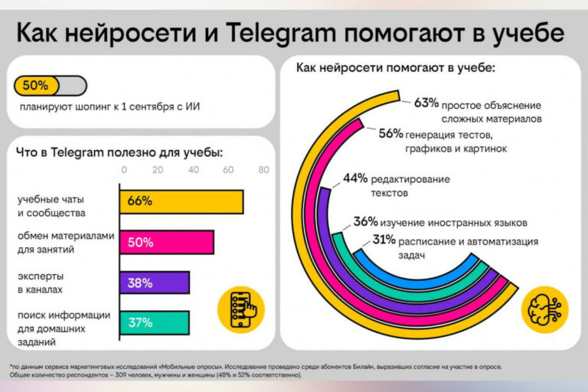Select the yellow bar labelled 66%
pyautogui.click(x=181, y=201)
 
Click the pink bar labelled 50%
pyautogui.click(x=166, y=242)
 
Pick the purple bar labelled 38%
pyautogui.click(x=154, y=283)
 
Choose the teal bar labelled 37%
pyautogui.click(x=154, y=322)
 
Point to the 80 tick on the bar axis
pyautogui.click(x=263, y=170)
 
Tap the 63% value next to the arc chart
pyautogui.click(x=426, y=103)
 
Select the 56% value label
pyautogui.click(x=390, y=133)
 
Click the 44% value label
pyautogui.click(x=355, y=179)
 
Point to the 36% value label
pyautogui.click(x=365, y=222)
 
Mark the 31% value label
pyautogui.click(x=384, y=240)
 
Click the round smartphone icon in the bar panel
pyautogui.click(x=237, y=308)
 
